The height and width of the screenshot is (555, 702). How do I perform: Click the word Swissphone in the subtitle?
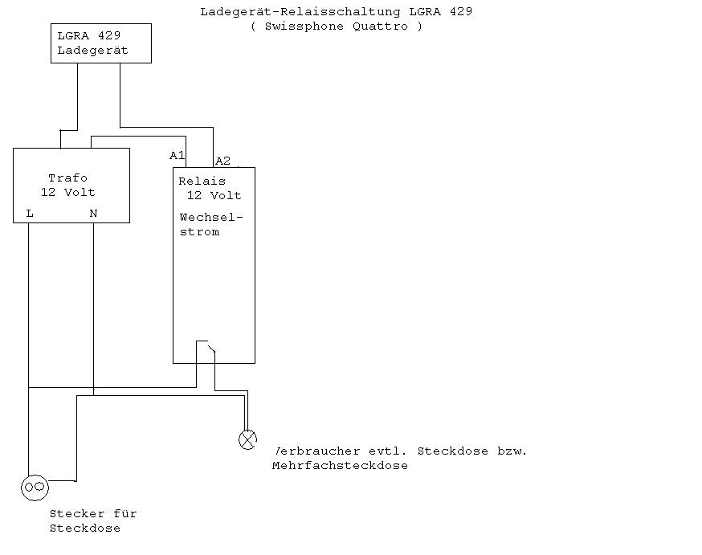click(x=304, y=27)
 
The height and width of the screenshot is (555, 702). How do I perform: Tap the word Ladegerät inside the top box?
click(x=92, y=50)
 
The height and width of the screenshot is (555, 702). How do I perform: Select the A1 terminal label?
click(x=177, y=155)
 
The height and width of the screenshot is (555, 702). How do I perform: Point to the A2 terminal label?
click(x=223, y=161)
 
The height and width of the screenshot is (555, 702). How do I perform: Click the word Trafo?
click(x=67, y=178)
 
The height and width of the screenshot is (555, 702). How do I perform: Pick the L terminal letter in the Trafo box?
click(x=30, y=214)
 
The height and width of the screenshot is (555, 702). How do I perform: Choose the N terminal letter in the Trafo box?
click(x=93, y=214)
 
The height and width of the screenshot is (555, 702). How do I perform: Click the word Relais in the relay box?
click(x=202, y=182)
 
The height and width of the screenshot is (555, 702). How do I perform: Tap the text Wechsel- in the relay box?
click(x=211, y=218)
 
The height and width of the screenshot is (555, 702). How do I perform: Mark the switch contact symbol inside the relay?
click(x=206, y=346)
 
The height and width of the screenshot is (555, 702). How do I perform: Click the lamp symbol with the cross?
click(x=247, y=439)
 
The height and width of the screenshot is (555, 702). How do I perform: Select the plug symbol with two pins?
click(x=35, y=488)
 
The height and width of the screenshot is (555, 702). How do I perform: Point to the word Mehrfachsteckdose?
click(x=340, y=466)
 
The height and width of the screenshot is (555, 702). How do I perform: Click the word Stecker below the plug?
click(x=77, y=513)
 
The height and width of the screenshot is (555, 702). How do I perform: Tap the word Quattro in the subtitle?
click(x=380, y=27)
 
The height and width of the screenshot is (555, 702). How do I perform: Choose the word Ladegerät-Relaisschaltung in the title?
click(x=300, y=11)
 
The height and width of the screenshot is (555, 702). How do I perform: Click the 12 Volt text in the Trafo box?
click(x=68, y=193)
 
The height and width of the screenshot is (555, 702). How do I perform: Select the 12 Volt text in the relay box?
click(x=214, y=196)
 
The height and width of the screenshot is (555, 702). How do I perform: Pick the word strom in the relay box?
click(x=199, y=232)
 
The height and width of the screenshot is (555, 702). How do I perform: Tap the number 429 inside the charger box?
click(x=109, y=35)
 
